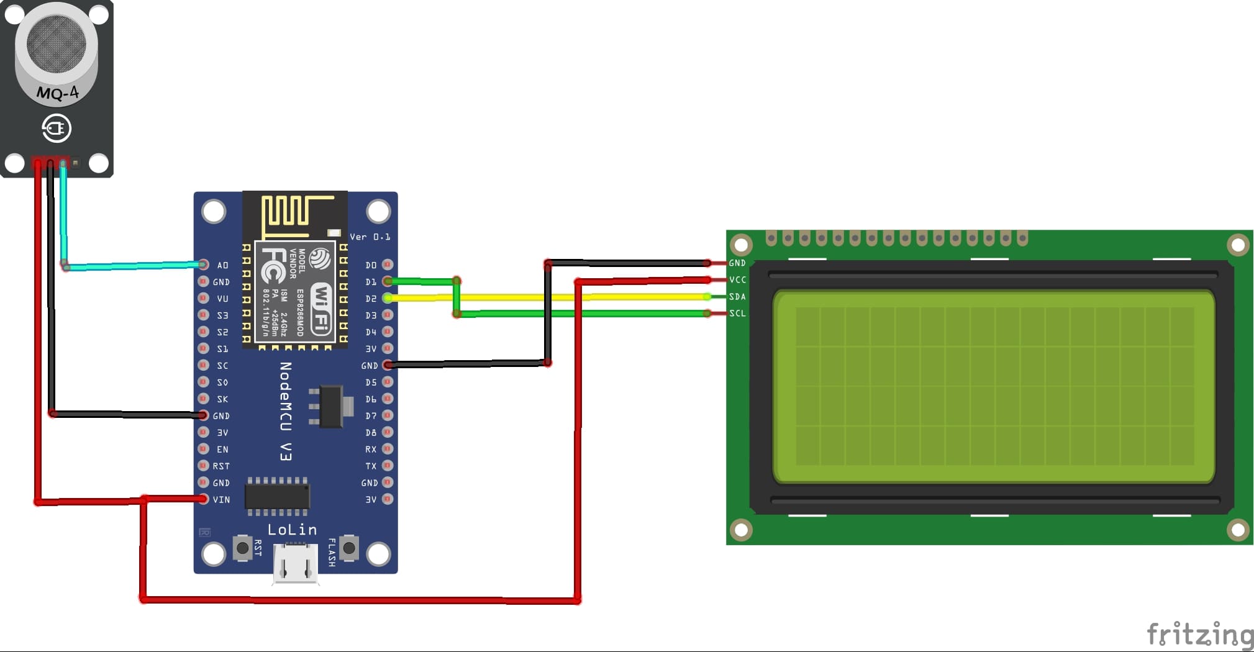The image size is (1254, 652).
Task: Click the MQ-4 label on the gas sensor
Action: (57, 93)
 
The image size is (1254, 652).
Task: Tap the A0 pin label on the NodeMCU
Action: (222, 265)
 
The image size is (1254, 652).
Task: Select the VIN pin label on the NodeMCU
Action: (221, 500)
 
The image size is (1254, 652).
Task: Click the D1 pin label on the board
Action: (371, 282)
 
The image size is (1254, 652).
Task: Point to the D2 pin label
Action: (371, 299)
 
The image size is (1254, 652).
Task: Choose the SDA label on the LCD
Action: (737, 297)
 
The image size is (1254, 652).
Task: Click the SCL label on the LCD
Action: (737, 314)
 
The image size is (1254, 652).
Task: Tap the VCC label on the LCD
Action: (737, 280)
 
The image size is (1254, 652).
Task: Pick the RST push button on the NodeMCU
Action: (242, 548)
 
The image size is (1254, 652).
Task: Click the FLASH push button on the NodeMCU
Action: (349, 548)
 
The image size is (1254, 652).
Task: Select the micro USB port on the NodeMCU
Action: (296, 563)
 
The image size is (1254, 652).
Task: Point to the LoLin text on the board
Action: (292, 530)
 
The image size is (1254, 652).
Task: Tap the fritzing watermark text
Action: (1199, 635)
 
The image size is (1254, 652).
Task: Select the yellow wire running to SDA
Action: (590, 297)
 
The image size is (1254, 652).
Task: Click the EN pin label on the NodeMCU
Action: (222, 450)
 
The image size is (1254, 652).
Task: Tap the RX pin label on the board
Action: (371, 449)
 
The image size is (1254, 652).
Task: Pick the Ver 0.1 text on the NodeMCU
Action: (370, 237)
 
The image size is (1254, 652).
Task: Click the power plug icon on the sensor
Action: (57, 129)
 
